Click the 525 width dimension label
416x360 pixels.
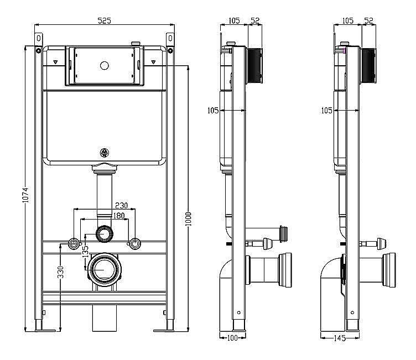pos(105,20)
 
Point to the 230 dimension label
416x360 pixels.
pos(121,205)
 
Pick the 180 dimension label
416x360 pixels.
pos(118,216)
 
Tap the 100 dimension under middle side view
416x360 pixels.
pos(232,337)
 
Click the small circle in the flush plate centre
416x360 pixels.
pos(104,65)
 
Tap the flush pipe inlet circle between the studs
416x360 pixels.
pos(104,233)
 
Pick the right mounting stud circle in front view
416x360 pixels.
pos(134,243)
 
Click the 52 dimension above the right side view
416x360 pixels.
pos(368,20)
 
